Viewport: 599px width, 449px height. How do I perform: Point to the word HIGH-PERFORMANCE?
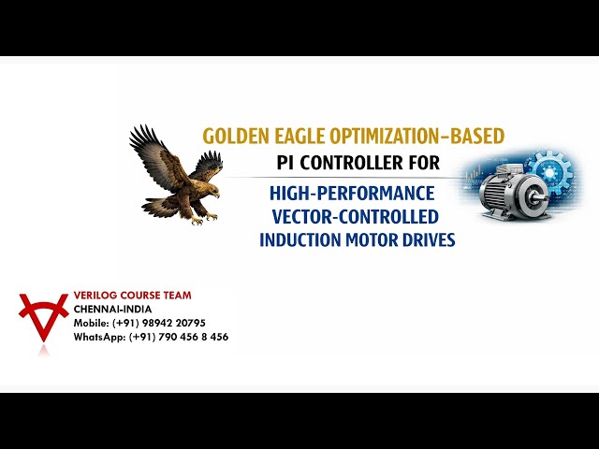pos(352,194)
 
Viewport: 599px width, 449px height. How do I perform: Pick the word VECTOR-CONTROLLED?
pos(354,217)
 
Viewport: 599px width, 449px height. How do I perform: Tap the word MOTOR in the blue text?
pos(372,239)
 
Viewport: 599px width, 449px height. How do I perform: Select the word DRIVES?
pos(430,239)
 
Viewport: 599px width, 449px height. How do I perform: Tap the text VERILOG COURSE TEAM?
pos(132,296)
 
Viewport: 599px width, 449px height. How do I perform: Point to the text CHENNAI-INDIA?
pos(112,309)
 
